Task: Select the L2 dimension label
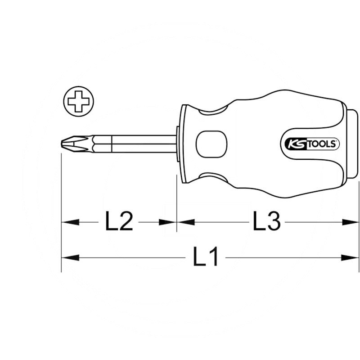point(119,221)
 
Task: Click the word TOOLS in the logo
point(322,144)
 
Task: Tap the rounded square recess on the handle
point(211,144)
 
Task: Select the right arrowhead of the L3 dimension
point(351,222)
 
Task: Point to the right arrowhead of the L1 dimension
point(351,257)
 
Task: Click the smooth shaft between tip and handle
point(144,144)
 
